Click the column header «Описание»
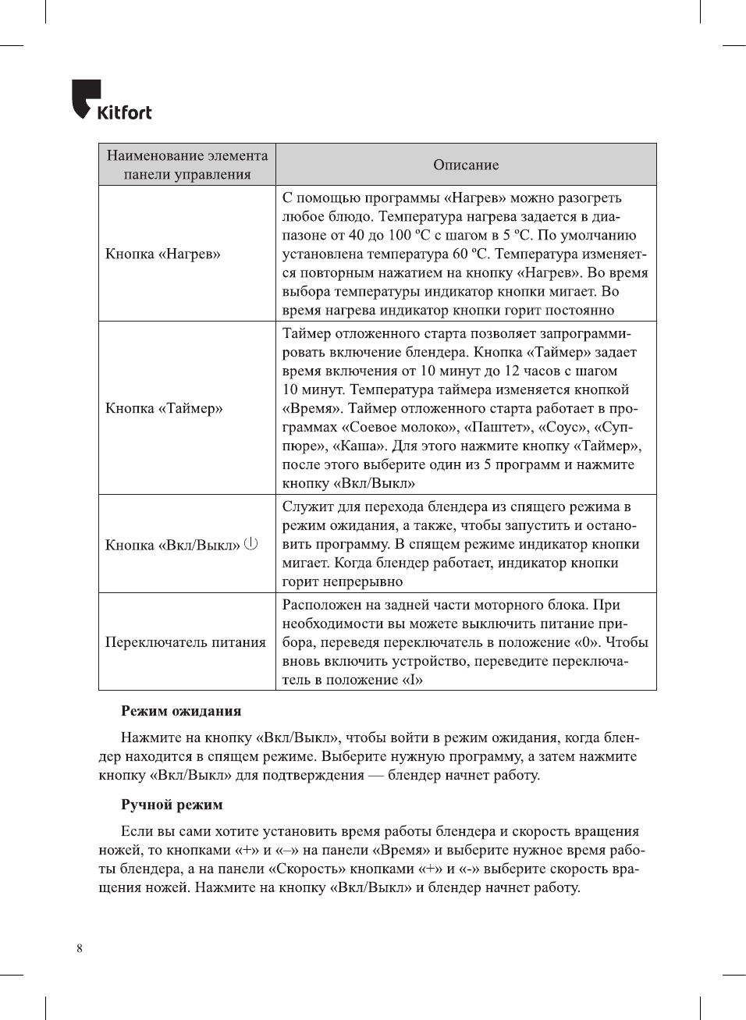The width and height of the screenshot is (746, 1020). point(466,165)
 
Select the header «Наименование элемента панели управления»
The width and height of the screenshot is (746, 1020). point(187,165)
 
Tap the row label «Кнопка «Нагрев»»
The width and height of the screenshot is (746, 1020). point(163,254)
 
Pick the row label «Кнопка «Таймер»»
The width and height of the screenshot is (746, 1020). point(164,408)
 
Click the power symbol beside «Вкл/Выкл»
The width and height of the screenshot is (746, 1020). point(250,543)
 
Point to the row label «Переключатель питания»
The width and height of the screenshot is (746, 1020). point(186,642)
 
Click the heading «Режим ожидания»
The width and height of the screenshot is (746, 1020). point(181,711)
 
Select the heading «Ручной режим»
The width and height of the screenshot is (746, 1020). point(172,805)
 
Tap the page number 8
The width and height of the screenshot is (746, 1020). point(80,948)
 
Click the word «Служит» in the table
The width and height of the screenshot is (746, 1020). point(306,506)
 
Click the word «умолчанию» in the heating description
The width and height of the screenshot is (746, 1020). point(601,235)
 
